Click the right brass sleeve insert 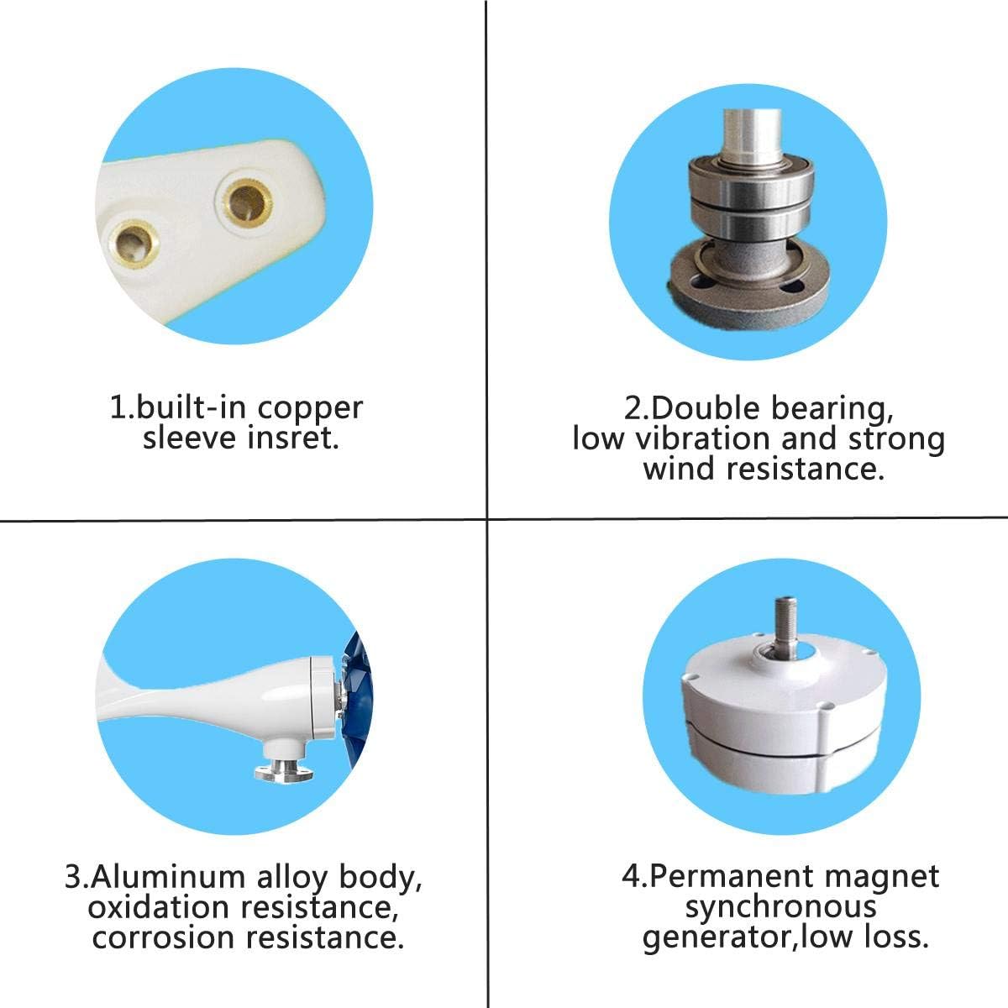[x=241, y=202]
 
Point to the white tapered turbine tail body [x=202, y=689]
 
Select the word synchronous [x=780, y=907]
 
